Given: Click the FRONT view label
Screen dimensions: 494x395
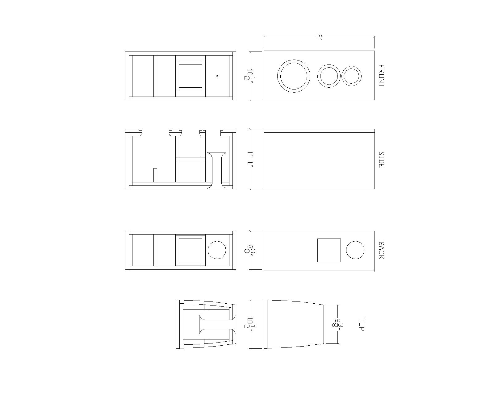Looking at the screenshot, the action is pyautogui.click(x=381, y=76).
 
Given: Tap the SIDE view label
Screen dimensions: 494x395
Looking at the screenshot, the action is pyautogui.click(x=381, y=160).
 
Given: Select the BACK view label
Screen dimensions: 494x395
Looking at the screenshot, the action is pyautogui.click(x=381, y=250).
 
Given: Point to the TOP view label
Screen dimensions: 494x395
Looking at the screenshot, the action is pyautogui.click(x=362, y=325).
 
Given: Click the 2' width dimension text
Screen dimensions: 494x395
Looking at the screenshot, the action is pyautogui.click(x=319, y=37).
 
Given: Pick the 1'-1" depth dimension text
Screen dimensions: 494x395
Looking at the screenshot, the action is pyautogui.click(x=250, y=159).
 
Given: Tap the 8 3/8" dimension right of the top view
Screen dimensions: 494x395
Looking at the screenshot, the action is pyautogui.click(x=337, y=325).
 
